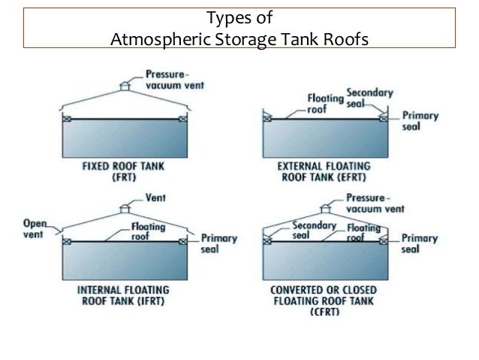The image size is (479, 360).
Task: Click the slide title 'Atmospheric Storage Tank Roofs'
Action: (239, 37)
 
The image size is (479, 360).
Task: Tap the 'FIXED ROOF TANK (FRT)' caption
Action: (124, 170)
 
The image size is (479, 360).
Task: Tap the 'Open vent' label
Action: (35, 228)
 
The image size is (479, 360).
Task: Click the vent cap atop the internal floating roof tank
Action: (125, 208)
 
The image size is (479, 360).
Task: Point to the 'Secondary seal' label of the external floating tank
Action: (369, 98)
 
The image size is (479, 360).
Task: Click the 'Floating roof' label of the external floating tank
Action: (320, 103)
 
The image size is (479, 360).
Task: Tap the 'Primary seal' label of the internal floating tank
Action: (218, 244)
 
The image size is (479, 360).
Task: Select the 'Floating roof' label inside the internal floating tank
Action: (143, 229)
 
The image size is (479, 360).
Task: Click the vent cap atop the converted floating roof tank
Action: (326, 208)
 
